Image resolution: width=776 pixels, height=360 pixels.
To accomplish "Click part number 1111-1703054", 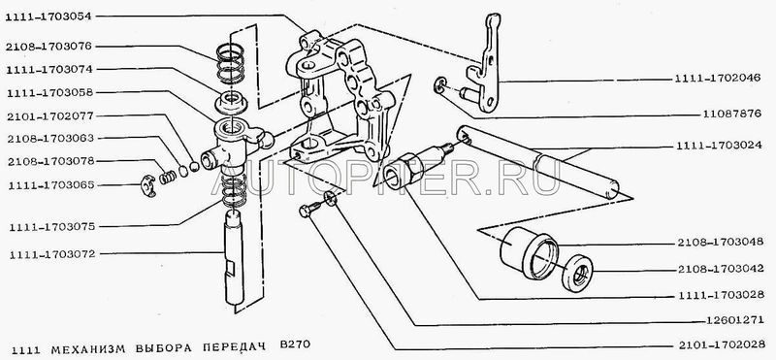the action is (x=49, y=16).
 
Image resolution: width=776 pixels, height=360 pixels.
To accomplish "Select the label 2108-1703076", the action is (x=49, y=47).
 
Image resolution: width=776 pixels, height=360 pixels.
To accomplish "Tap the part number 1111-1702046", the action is (x=717, y=80).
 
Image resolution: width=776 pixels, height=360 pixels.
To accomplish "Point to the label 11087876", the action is (x=731, y=114).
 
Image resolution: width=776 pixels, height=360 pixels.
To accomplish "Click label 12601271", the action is (x=736, y=320).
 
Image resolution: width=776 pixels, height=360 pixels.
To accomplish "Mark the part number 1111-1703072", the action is (x=51, y=253).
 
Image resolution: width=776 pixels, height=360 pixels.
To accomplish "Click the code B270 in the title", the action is (x=297, y=344).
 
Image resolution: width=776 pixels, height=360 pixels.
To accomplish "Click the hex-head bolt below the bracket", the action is (x=307, y=211).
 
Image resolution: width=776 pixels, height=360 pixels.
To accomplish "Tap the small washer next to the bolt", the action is (x=330, y=199).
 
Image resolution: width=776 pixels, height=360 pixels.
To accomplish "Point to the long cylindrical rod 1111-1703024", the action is (x=538, y=162).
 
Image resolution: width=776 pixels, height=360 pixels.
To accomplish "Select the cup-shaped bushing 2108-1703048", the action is (x=529, y=252).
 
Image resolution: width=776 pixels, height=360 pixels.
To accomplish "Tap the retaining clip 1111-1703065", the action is (x=147, y=185).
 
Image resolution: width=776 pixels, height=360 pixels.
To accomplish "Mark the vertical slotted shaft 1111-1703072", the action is (x=234, y=257).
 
